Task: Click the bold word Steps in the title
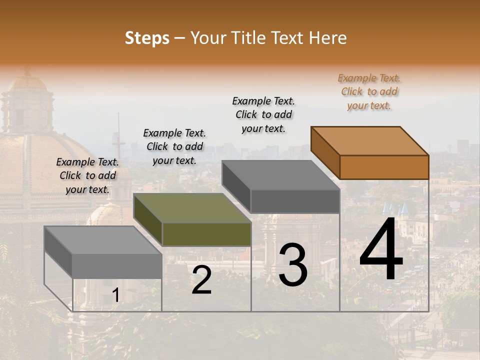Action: point(147,38)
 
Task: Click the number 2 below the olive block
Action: point(201,280)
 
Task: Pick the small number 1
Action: point(115,295)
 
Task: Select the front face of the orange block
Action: point(384,167)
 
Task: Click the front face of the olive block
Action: point(206,234)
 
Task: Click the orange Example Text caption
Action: point(369,91)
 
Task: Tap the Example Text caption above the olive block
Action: point(174,146)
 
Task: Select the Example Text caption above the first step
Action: point(87,175)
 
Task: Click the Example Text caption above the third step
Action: point(263,114)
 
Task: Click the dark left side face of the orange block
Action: point(325,152)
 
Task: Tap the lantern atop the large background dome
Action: point(27,95)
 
